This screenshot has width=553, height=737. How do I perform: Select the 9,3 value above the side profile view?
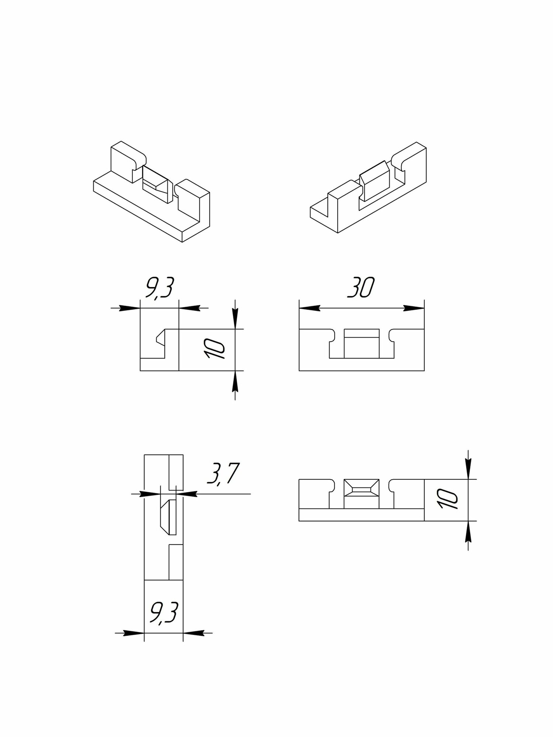(159, 287)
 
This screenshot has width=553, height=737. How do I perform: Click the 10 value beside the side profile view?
(215, 349)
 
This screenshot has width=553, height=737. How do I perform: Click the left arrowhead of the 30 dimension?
(309, 308)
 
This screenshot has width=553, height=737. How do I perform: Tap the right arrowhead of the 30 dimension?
(414, 308)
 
